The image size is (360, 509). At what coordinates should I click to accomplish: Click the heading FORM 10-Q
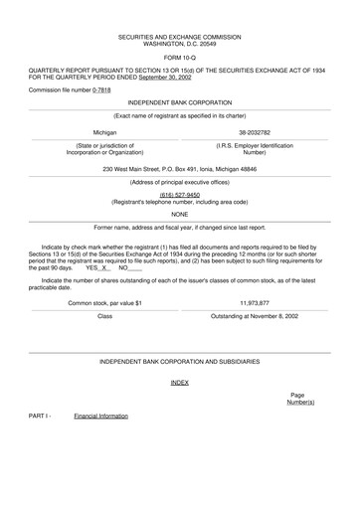pyautogui.click(x=179, y=57)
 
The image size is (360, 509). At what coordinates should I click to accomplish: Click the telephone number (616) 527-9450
pyautogui.click(x=179, y=195)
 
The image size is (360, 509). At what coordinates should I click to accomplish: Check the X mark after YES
pyautogui.click(x=104, y=267)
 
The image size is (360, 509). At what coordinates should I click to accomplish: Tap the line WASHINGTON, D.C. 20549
pyautogui.click(x=179, y=43)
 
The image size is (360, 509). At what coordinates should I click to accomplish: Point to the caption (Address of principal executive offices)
pyautogui.click(x=179, y=184)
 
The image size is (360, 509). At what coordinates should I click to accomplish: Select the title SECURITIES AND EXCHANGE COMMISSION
pyautogui.click(x=179, y=35)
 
